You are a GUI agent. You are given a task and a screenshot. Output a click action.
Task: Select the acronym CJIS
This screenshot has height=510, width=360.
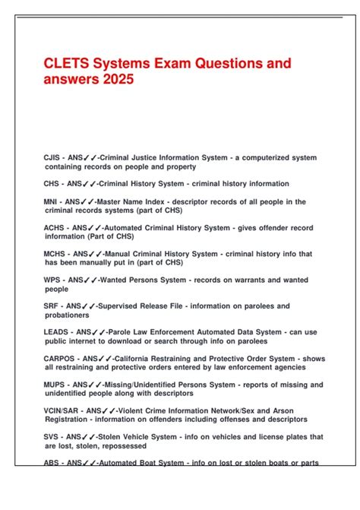pos(53,157)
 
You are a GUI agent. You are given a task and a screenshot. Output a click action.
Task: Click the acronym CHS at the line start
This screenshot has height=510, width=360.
pos(53,183)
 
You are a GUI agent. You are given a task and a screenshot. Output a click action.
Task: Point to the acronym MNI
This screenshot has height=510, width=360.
pos(52,201)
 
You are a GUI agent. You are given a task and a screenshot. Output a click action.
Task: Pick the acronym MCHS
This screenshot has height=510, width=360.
pos(56,254)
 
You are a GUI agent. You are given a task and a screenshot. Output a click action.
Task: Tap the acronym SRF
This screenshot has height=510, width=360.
pos(52,306)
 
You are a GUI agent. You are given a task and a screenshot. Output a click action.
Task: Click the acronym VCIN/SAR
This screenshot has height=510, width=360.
pos(63,410)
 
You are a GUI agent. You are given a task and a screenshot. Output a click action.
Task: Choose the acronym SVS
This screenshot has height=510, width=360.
pos(52,437)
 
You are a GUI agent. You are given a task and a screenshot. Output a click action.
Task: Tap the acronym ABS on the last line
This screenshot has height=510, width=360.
pos(52,463)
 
